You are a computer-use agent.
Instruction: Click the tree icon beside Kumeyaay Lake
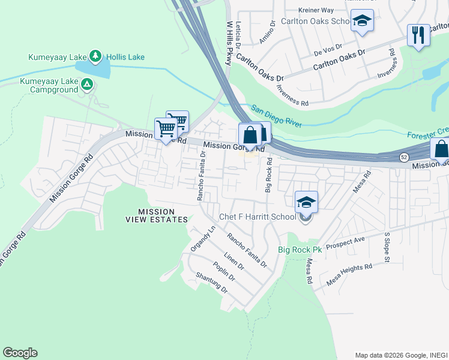pyautogui.click(x=95, y=57)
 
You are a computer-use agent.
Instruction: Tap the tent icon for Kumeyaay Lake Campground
pyautogui.click(x=88, y=85)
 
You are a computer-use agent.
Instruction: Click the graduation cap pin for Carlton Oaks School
pyautogui.click(x=362, y=22)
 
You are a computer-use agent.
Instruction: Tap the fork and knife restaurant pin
pyautogui.click(x=418, y=35)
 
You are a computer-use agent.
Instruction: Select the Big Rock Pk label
pyautogui.click(x=300, y=250)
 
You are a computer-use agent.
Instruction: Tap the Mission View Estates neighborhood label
pyautogui.click(x=155, y=215)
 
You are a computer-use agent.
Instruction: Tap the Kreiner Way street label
pyautogui.click(x=316, y=10)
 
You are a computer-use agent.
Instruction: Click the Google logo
pyautogui.click(x=20, y=353)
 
